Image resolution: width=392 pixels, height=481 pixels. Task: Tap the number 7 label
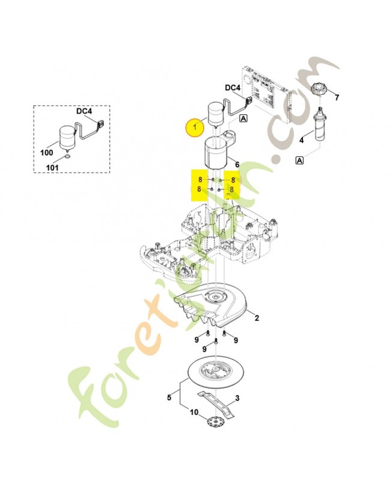coord(337,97)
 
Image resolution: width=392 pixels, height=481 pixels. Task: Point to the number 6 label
coord(237,164)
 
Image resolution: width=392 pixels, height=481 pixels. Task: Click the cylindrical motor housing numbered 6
coord(215,152)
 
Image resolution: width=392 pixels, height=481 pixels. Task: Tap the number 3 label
coord(237,398)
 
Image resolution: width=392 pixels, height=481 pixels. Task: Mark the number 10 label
coord(194,412)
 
